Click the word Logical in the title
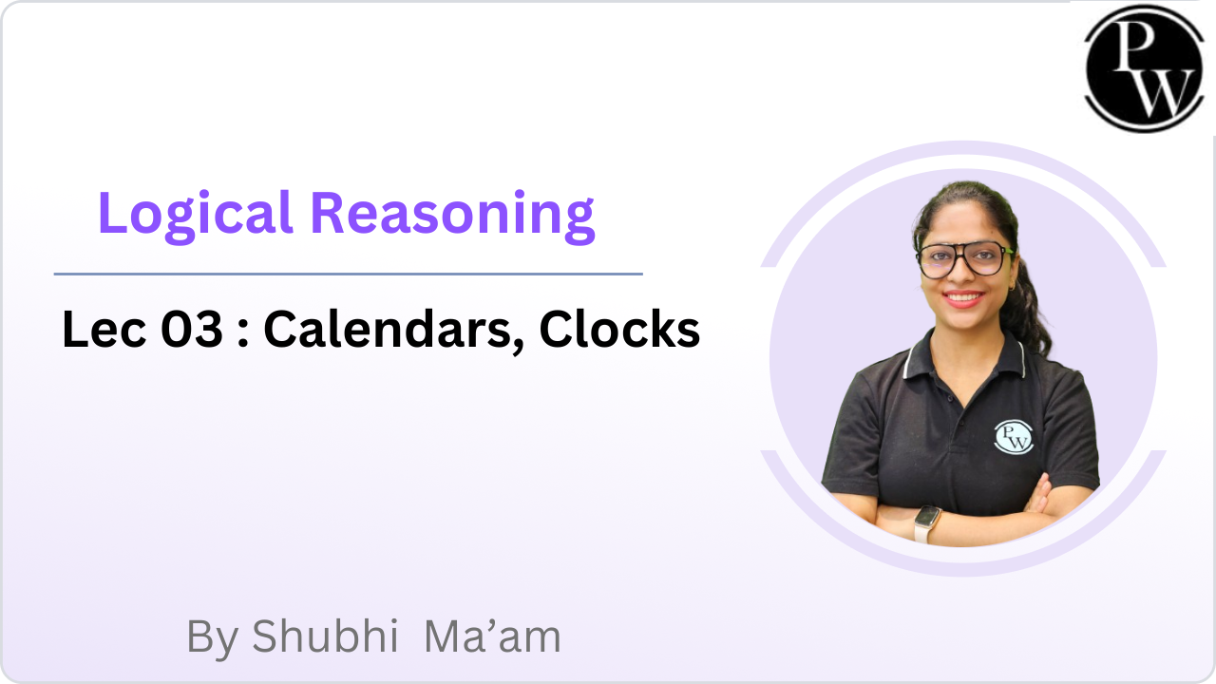click(x=196, y=216)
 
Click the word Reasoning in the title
click(x=453, y=216)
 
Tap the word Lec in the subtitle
click(x=104, y=329)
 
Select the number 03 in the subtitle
click(x=192, y=329)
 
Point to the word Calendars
click(x=387, y=329)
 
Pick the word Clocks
click(x=619, y=329)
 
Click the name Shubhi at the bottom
click(x=325, y=636)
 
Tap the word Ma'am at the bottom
click(x=492, y=636)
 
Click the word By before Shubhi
click(x=213, y=639)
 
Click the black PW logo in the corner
click(x=1145, y=69)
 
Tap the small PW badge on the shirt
click(x=1014, y=437)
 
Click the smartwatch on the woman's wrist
click(x=927, y=523)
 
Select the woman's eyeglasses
click(x=964, y=260)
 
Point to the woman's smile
click(x=964, y=298)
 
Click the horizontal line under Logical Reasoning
click(x=349, y=275)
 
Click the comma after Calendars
click(x=518, y=347)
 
